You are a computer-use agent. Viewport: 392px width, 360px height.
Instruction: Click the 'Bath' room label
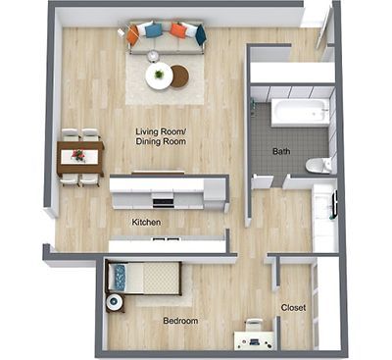(282, 151)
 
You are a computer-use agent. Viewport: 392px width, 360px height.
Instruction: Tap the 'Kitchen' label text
(147, 223)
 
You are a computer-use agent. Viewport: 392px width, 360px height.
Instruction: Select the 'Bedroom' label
(181, 321)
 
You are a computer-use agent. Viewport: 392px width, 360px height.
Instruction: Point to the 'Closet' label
(293, 307)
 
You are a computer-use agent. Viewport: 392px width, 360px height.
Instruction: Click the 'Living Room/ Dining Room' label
(161, 136)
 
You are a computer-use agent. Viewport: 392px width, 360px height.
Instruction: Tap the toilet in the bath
(318, 165)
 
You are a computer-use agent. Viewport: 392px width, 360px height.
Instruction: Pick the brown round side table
(179, 74)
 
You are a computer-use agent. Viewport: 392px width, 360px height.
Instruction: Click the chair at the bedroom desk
(255, 325)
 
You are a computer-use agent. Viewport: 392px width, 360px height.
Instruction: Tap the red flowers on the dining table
(78, 155)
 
